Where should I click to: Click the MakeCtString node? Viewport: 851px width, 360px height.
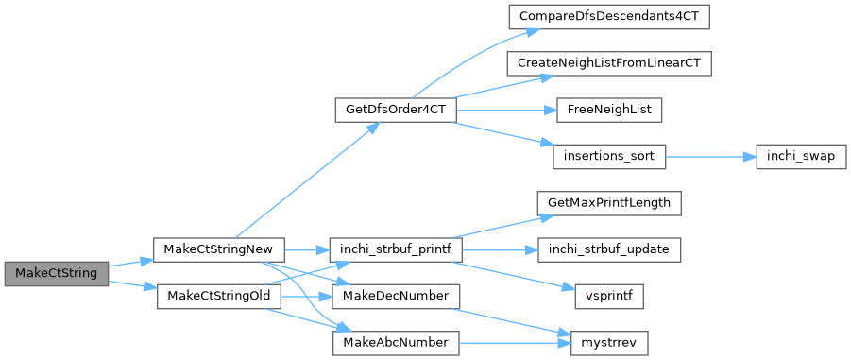[57, 273]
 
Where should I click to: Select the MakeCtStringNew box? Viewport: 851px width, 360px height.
[219, 249]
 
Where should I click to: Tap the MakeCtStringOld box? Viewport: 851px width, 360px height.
[219, 297]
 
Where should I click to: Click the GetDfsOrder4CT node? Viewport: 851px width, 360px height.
[396, 110]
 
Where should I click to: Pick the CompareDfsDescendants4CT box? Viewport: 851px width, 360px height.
[609, 17]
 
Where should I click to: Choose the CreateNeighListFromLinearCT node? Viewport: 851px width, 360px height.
[609, 63]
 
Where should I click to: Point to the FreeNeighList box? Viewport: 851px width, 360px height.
[609, 110]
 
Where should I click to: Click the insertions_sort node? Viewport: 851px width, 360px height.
[609, 156]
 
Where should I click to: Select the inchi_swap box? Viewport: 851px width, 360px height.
[801, 156]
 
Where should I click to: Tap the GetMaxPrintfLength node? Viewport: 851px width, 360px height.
[609, 203]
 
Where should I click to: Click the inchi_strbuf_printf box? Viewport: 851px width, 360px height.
[396, 249]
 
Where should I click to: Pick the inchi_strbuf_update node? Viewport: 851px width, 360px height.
[609, 249]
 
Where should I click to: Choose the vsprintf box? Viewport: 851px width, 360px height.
[609, 297]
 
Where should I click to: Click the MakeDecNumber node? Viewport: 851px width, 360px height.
[396, 297]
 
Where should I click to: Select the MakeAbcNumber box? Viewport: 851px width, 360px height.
[396, 343]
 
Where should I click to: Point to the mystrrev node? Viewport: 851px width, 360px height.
[609, 343]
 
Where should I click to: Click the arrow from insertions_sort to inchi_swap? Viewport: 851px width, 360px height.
[710, 156]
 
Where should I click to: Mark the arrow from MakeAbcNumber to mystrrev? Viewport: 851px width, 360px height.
[515, 343]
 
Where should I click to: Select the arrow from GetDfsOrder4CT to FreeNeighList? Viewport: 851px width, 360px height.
[507, 110]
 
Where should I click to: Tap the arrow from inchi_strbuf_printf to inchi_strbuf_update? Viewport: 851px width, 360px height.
[501, 249]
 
